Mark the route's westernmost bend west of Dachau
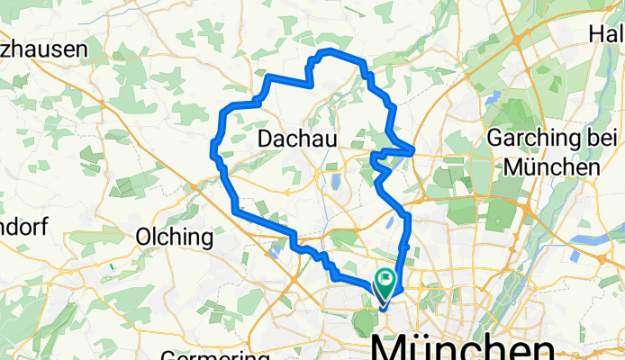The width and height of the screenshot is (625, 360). pos(213,148)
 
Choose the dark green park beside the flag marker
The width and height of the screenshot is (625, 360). pos(367,319)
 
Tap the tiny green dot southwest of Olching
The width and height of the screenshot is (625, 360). pos(110,267)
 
